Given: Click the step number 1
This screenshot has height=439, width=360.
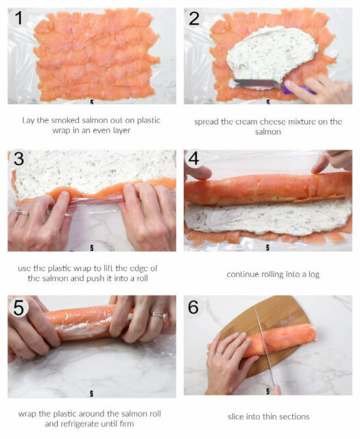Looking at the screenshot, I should coord(19,19).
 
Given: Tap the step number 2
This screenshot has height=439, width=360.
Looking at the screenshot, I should coord(195,19).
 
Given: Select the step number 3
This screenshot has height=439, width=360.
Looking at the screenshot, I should coord(19,159).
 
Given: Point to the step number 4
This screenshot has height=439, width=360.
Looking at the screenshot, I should coord(195,160).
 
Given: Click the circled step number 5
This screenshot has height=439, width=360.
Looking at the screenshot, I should coord(19,307).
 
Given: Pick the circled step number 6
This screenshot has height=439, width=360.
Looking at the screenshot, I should coord(195,307).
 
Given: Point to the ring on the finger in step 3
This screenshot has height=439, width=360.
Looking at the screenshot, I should coord(23,213).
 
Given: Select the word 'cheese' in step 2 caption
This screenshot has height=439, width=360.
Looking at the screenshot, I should coord(283,121).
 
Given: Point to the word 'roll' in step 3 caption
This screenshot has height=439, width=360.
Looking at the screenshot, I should coord(136,278).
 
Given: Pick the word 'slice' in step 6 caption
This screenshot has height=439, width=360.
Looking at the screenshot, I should coord(239,416).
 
